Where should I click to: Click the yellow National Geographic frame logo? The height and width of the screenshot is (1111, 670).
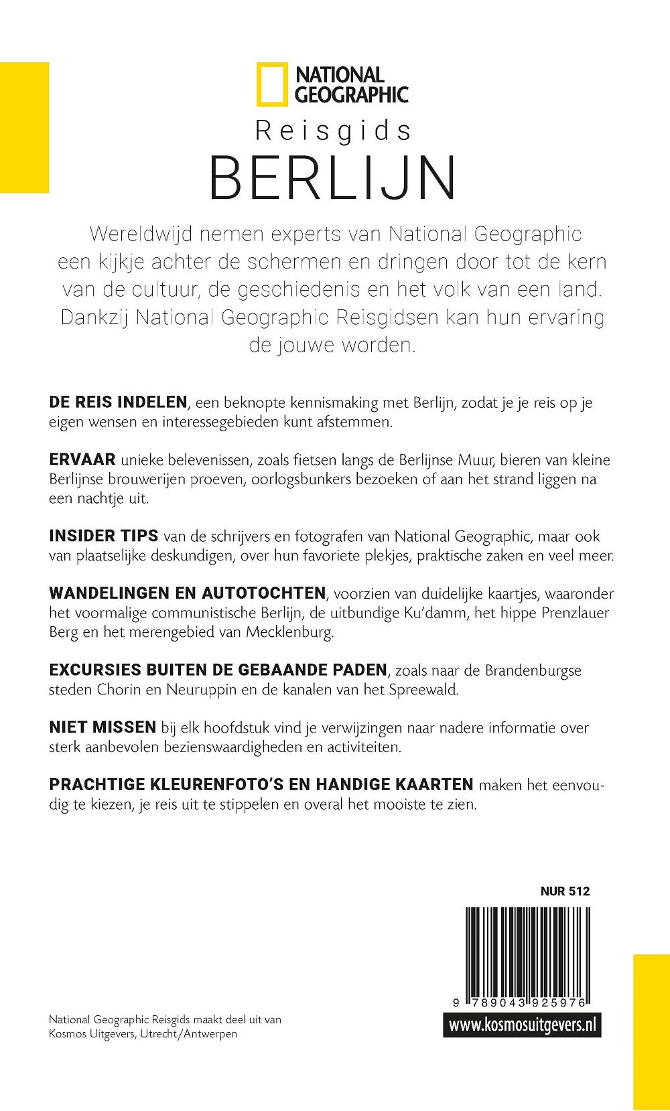(x=272, y=85)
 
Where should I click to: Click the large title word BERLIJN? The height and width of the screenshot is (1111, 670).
(x=333, y=178)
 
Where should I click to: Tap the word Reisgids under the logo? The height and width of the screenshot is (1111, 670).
(x=333, y=131)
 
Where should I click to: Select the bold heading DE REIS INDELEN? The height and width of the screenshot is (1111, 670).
(x=118, y=402)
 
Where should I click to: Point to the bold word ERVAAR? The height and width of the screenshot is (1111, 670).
(x=82, y=460)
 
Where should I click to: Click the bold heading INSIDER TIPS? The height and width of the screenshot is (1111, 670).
(x=104, y=536)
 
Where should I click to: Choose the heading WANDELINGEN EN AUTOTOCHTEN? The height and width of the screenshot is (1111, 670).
(x=188, y=593)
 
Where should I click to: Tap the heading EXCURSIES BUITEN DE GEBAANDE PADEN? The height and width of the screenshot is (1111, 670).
(x=218, y=670)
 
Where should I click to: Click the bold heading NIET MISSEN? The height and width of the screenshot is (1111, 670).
(x=103, y=727)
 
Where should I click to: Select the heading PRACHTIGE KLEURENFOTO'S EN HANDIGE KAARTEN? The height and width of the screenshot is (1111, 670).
(x=261, y=784)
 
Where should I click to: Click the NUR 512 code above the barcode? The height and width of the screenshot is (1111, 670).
(x=565, y=891)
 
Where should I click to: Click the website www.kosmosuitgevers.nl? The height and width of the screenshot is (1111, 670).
(x=522, y=1025)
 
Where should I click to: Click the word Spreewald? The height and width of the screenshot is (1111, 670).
(x=423, y=690)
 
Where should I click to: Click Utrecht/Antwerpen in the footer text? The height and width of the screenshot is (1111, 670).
(x=188, y=1034)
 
